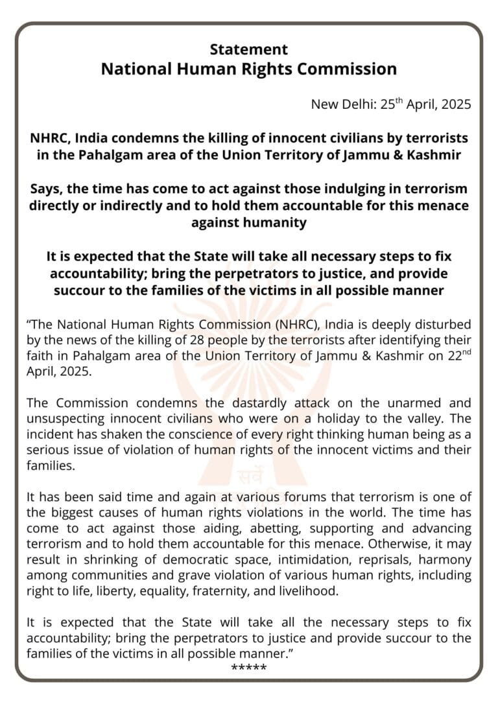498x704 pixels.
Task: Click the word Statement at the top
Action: [249, 49]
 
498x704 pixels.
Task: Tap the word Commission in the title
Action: [350, 69]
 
